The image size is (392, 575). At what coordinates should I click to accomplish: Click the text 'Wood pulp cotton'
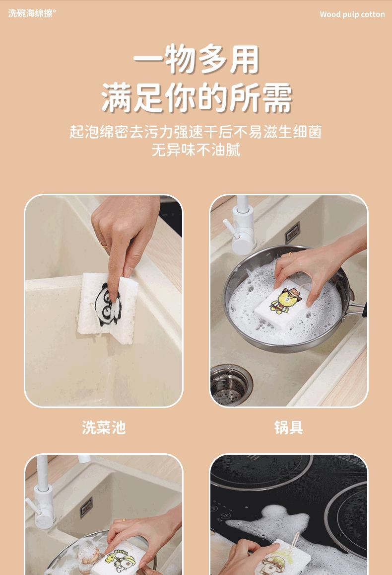click(352, 14)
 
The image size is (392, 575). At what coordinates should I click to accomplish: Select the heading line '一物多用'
click(196, 60)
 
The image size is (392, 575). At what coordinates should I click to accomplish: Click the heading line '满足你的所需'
click(196, 97)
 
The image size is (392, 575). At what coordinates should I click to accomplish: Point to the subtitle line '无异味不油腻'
click(196, 150)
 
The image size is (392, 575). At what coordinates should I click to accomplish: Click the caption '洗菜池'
click(104, 427)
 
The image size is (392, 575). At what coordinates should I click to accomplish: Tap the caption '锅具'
click(289, 427)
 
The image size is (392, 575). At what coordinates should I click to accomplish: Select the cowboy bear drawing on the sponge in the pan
click(285, 300)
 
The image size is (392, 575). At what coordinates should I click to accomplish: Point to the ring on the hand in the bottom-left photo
click(124, 520)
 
